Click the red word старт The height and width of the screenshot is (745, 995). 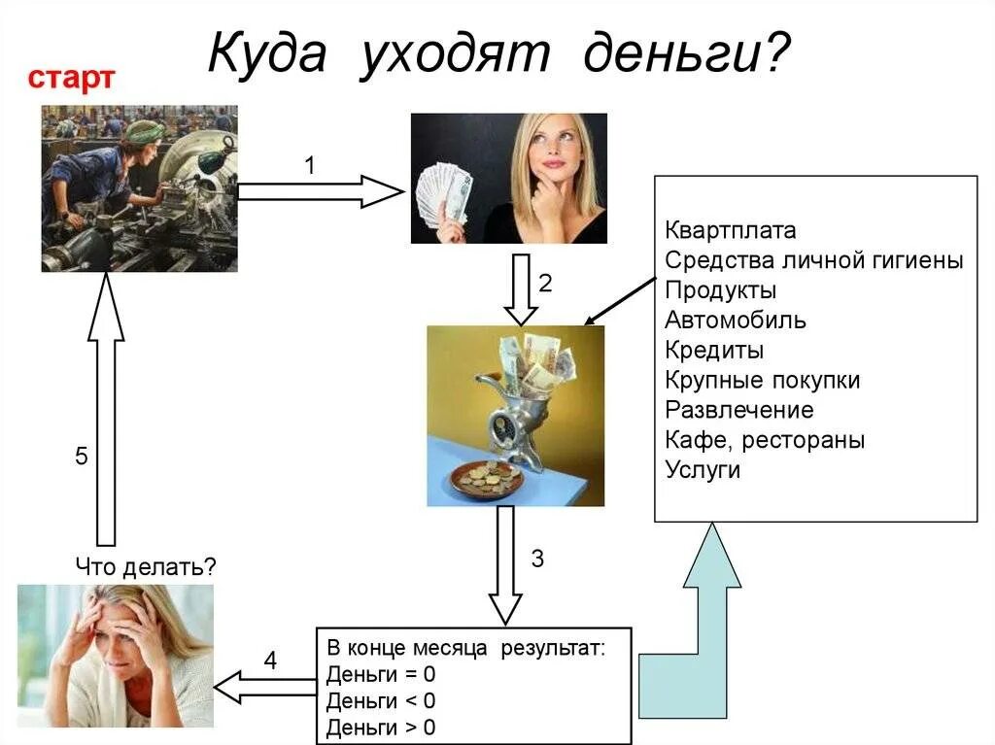[x=71, y=79]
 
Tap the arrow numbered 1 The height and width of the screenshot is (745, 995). [x=320, y=192]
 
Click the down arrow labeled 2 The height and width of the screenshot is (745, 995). [x=521, y=288]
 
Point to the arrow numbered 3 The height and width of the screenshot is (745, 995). [x=504, y=564]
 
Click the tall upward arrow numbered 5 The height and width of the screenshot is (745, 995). [x=106, y=408]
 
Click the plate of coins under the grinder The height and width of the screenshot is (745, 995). [x=489, y=477]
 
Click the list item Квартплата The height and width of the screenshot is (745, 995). [x=731, y=231]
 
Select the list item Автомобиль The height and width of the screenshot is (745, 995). [x=736, y=321]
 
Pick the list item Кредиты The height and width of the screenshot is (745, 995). [x=714, y=351]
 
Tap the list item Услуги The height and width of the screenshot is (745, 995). [x=703, y=470]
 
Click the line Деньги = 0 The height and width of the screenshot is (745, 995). [x=381, y=675]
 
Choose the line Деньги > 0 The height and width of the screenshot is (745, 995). [x=381, y=728]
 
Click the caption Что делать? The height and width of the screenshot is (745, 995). [x=145, y=565]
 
